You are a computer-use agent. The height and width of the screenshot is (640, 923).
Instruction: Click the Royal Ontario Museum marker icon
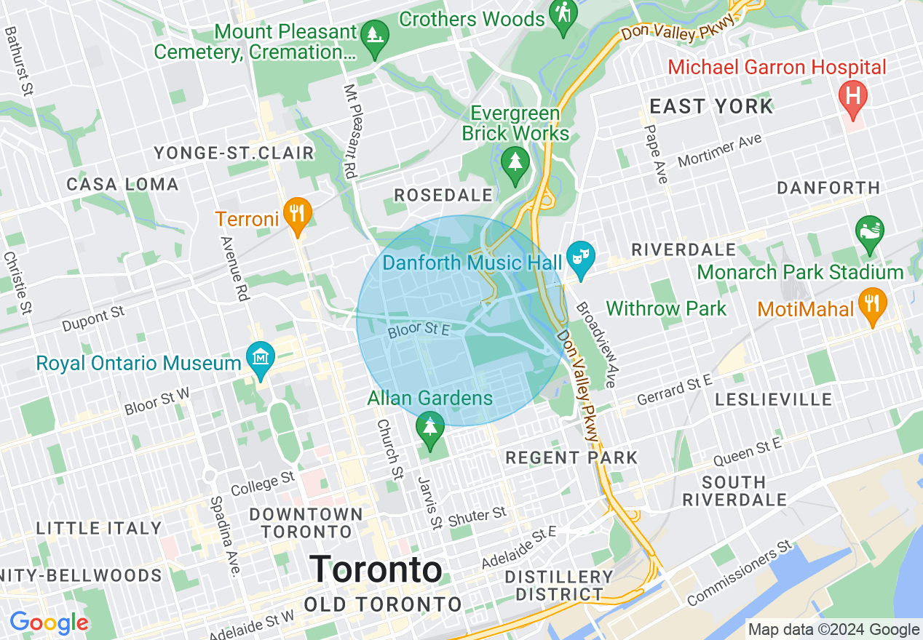[x=260, y=356]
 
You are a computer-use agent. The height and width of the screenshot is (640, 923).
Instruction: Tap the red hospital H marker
[x=851, y=96]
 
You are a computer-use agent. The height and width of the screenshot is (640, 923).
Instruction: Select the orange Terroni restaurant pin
[x=297, y=214]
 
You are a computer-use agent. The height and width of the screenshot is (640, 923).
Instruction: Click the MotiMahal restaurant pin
[x=871, y=302]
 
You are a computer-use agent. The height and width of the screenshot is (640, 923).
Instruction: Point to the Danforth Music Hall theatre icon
[x=580, y=257]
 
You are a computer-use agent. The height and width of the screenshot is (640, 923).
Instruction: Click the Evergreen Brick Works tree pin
[x=515, y=162]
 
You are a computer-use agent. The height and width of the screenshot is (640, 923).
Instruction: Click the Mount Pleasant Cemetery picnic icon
[x=375, y=34]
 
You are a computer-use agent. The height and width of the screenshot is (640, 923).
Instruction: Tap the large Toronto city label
[x=376, y=569]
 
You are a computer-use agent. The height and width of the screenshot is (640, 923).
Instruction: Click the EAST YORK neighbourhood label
[x=711, y=107]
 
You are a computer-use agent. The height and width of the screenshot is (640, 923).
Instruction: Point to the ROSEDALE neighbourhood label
[x=443, y=195]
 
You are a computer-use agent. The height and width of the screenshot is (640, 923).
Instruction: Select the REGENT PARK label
[x=571, y=457]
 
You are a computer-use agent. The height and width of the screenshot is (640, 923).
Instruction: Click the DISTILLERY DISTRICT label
[x=560, y=585]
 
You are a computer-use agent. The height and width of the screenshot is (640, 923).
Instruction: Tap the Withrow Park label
[x=665, y=308]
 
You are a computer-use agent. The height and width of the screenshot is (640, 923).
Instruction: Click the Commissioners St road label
[x=739, y=574]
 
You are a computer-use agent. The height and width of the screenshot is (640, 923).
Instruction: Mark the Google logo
[x=49, y=623]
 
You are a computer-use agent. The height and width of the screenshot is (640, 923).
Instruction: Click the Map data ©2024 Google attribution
[x=833, y=629]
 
